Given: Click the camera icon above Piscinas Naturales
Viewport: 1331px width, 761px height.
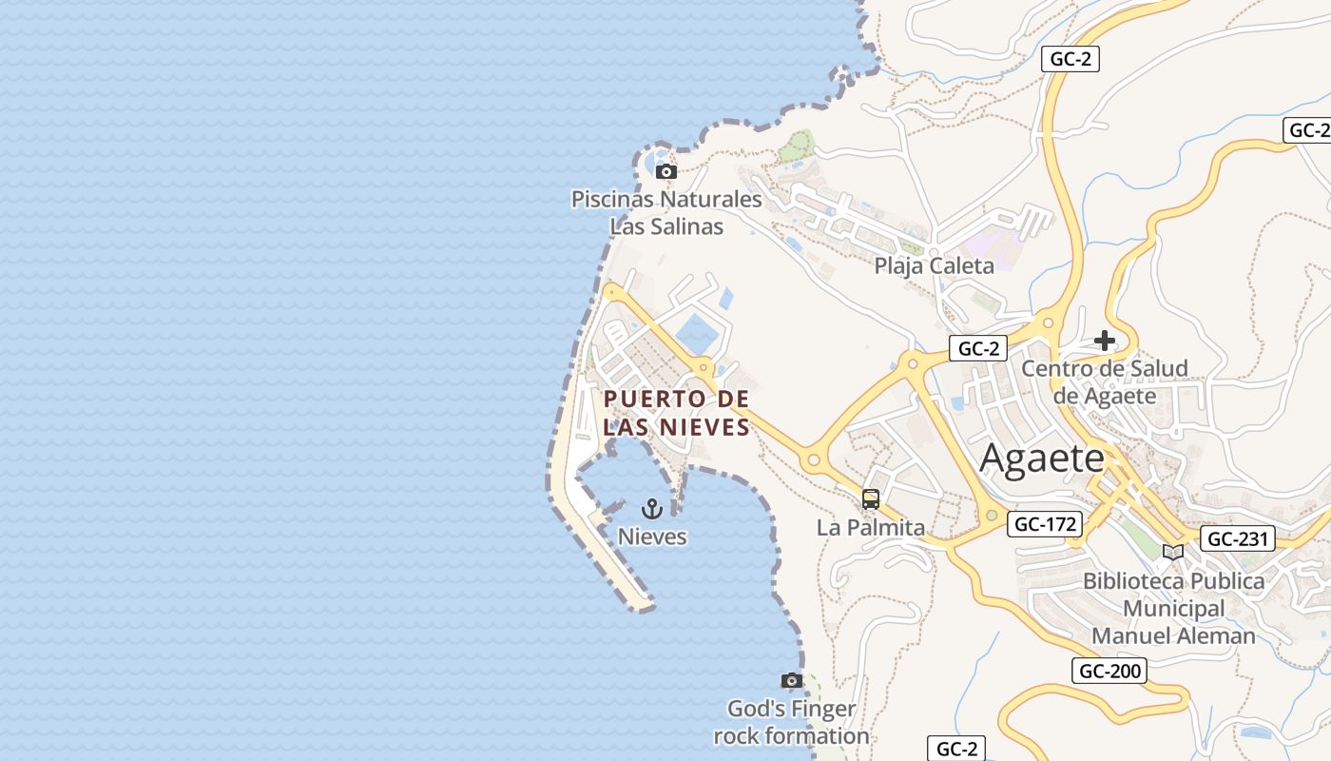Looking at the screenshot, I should (x=666, y=172).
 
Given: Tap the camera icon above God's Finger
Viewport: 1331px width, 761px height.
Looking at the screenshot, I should (x=791, y=681).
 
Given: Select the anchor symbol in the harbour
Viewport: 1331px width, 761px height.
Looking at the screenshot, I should (x=651, y=509).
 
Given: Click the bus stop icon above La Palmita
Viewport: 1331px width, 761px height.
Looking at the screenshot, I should (x=870, y=499).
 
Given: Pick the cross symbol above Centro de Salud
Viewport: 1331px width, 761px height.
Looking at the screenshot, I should (x=1104, y=340).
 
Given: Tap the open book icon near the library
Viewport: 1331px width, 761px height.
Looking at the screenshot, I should (x=1173, y=553).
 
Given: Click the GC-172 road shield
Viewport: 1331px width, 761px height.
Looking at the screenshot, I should (x=1045, y=523).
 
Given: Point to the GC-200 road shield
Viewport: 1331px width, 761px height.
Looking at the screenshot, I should (x=1109, y=671).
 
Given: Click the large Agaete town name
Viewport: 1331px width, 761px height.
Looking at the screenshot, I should (x=1042, y=459).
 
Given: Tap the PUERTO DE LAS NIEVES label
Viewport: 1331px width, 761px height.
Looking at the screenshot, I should (x=677, y=413).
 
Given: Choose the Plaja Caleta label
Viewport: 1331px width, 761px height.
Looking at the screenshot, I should (x=934, y=265).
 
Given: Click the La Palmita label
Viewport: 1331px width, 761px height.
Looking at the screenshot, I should (x=870, y=527).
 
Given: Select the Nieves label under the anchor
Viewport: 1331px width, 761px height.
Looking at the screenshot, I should (x=652, y=537).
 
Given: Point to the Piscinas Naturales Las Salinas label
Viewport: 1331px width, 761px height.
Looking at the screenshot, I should (x=666, y=213).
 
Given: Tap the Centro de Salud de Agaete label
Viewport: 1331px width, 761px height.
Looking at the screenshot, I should (x=1104, y=381).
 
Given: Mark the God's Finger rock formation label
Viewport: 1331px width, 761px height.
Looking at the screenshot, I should (x=791, y=722).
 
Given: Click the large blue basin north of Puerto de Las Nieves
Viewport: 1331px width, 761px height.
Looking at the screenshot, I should (x=699, y=332).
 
